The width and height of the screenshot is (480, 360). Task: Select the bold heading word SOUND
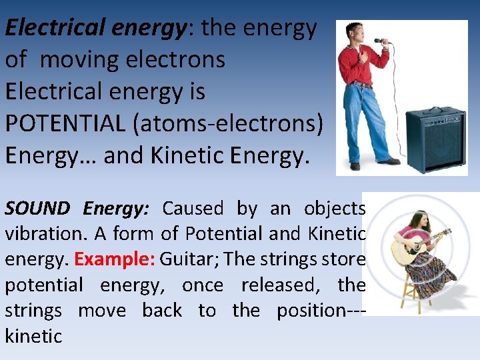(x=37, y=209)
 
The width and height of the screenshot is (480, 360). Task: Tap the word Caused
(x=193, y=209)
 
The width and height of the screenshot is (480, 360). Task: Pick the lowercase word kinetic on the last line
(x=33, y=336)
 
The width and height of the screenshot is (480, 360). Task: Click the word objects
(x=334, y=209)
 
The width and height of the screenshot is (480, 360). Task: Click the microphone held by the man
(x=381, y=41)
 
